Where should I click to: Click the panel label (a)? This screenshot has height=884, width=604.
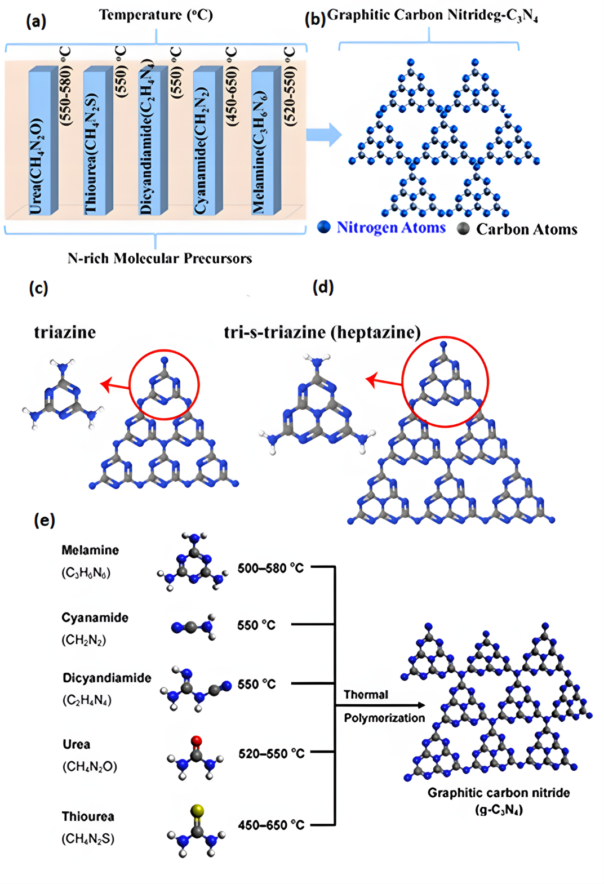36,21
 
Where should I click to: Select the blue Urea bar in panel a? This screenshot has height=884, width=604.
43,141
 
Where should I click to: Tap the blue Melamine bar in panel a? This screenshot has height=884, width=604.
265,141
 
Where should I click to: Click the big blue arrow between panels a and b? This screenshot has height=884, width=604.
324,135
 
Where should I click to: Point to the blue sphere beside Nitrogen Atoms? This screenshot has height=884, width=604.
324,227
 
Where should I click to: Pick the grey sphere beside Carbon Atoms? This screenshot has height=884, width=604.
464,228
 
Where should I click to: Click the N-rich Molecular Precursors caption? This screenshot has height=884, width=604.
159,259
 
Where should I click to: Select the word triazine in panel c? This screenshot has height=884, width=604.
65,332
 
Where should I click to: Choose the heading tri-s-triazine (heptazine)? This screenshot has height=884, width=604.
322,332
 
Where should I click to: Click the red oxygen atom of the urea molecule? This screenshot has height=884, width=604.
196,741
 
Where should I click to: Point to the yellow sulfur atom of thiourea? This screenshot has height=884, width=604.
197,811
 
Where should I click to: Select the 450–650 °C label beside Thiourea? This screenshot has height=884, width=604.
271,825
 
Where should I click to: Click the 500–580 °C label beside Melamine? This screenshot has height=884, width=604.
270,568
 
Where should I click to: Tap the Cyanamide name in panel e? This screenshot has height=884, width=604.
95,618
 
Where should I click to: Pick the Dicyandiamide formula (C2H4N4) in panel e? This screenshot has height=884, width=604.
87,700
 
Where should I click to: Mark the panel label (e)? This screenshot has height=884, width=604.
45,519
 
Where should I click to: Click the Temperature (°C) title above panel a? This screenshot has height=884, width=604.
156,15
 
